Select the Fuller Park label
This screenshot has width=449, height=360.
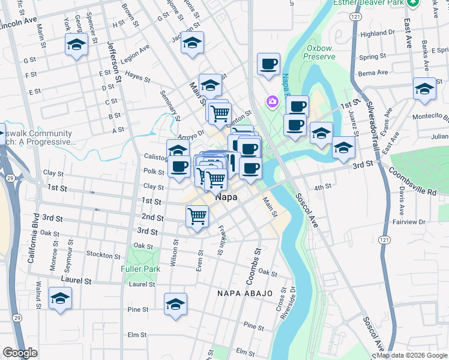[140, 269]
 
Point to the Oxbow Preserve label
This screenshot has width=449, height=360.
[320, 52]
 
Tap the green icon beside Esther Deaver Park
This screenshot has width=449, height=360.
[412, 3]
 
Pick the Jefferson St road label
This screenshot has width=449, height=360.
[115, 60]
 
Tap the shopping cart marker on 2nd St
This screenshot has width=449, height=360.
[197, 216]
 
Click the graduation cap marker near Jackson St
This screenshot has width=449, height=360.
[192, 43]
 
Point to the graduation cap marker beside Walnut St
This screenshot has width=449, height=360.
[60, 299]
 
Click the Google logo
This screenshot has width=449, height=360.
[20, 353]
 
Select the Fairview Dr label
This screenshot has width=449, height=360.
[409, 222]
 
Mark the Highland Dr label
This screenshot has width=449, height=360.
[377, 34]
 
